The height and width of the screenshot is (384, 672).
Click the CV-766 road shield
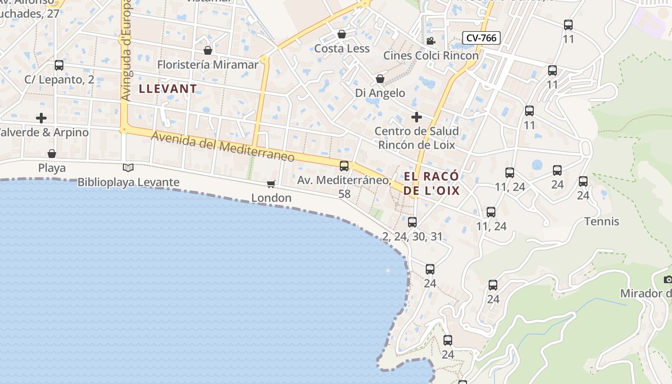click(x=481, y=38)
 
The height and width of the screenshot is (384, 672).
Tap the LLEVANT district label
click(x=168, y=88)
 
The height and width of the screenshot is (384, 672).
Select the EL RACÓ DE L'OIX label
click(x=431, y=183)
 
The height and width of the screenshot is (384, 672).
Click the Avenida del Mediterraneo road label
click(x=223, y=147)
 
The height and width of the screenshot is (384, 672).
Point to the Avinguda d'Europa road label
click(x=126, y=53)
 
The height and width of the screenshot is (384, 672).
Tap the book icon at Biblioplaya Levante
click(x=128, y=168)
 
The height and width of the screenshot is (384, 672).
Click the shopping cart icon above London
click(x=271, y=184)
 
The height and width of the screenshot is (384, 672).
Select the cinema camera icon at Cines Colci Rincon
click(x=431, y=41)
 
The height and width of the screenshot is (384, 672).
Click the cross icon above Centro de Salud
click(x=416, y=117)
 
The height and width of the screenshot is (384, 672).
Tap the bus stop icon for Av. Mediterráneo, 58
click(x=344, y=166)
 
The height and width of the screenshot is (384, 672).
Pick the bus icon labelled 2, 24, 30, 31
click(x=412, y=222)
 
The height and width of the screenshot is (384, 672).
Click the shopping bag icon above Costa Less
click(x=342, y=34)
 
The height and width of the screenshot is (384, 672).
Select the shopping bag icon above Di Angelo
click(x=380, y=78)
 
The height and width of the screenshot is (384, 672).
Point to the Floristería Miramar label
click(x=208, y=64)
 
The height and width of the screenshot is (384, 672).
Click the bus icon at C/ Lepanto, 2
click(x=59, y=65)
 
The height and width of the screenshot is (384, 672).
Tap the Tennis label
click(x=601, y=221)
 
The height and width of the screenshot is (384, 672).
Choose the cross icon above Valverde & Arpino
click(x=42, y=118)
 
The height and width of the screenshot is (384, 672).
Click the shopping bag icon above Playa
click(x=52, y=154)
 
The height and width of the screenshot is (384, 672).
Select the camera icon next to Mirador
click(x=668, y=279)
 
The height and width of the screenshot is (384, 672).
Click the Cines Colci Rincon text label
click(x=431, y=55)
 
